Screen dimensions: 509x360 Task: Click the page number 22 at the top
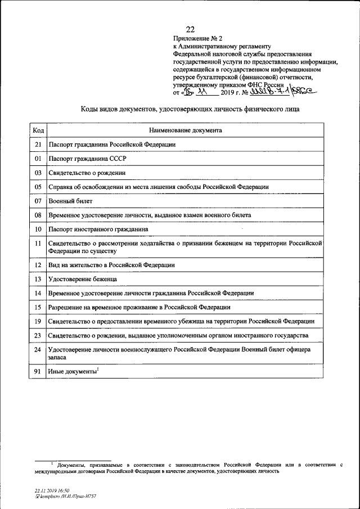pyautogui.click(x=190, y=30)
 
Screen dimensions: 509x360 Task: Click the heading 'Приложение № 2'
pyautogui.click(x=195, y=39)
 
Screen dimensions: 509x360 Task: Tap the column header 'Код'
pyautogui.click(x=38, y=130)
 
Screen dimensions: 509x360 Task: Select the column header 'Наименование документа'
pyautogui.click(x=185, y=130)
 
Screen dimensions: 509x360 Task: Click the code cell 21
pyautogui.click(x=38, y=145)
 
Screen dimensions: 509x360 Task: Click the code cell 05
pyautogui.click(x=38, y=187)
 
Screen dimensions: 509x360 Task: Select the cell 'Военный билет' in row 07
pyautogui.click(x=70, y=201)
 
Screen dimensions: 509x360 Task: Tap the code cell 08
pyautogui.click(x=38, y=215)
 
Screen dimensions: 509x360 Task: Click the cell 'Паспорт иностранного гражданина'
pyautogui.click(x=98, y=229)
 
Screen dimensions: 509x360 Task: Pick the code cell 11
pyautogui.click(x=38, y=244)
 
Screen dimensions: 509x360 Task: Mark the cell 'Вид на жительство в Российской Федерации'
pyautogui.click(x=111, y=264)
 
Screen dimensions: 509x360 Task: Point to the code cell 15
pyautogui.click(x=38, y=307)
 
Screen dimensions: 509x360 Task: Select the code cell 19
pyautogui.click(x=38, y=321)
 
